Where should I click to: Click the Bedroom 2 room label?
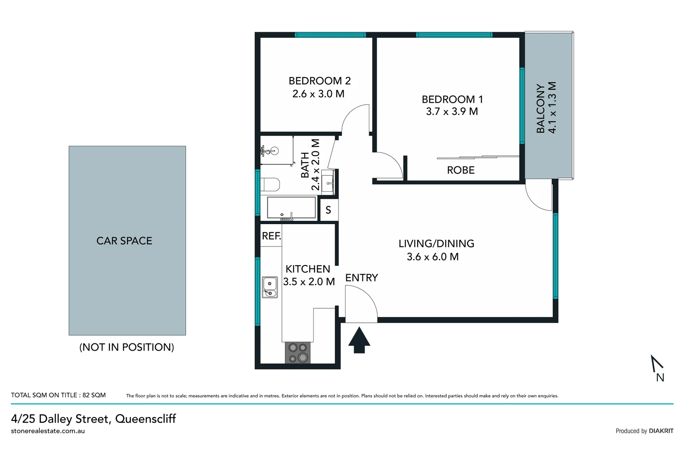[320, 80]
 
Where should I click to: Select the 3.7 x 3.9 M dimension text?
[452, 112]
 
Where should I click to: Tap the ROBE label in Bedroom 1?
[461, 170]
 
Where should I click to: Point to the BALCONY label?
[541, 108]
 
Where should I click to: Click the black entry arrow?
[359, 340]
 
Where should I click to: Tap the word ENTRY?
[361, 278]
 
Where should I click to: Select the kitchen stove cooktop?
[298, 353]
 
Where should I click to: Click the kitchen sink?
[269, 287]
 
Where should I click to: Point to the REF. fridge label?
[271, 236]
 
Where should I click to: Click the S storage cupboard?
[328, 210]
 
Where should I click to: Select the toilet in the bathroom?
[270, 185]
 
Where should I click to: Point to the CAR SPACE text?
[124, 241]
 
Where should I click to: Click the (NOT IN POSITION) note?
[127, 347]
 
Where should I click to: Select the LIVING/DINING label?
[436, 244]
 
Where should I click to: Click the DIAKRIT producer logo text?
[661, 431]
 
